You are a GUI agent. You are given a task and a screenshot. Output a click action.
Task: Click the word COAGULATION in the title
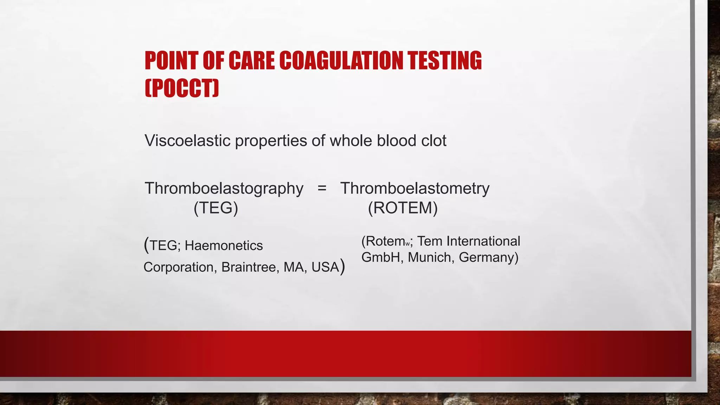341,60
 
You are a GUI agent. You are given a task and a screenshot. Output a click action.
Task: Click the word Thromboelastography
224,188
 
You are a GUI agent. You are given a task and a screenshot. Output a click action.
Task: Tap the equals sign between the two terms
322,188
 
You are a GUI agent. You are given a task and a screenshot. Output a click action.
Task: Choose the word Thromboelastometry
415,188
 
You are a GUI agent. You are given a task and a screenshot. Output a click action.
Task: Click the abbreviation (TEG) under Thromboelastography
216,208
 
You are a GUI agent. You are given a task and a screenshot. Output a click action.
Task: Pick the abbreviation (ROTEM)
403,208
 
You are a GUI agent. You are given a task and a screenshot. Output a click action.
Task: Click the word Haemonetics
224,245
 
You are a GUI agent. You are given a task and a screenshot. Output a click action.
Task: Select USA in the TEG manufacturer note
325,267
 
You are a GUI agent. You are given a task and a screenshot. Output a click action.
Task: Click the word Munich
429,257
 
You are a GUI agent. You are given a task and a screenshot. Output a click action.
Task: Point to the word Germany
488,257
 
